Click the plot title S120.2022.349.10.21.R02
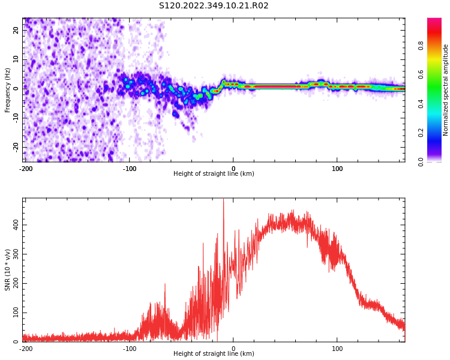(x=214, y=6)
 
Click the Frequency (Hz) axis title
(x=7, y=90)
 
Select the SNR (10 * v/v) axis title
(x=7, y=270)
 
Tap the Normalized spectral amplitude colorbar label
(x=445, y=90)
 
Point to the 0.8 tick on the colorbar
(x=421, y=46)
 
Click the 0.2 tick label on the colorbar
(x=421, y=133)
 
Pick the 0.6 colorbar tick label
(x=421, y=74)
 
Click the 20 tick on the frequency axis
(x=16, y=30)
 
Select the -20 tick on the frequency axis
(x=16, y=148)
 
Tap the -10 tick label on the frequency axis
(x=16, y=118)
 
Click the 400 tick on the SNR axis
(x=16, y=225)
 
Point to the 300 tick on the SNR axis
(x=16, y=254)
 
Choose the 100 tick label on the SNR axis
(x=16, y=313)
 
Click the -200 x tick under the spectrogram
(x=26, y=169)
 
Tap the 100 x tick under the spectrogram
(x=337, y=169)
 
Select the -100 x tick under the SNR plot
(x=130, y=349)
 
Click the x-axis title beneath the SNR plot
(x=214, y=353)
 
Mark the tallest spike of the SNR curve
(x=224, y=199)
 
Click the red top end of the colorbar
(x=434, y=20)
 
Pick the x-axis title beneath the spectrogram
(x=214, y=173)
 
